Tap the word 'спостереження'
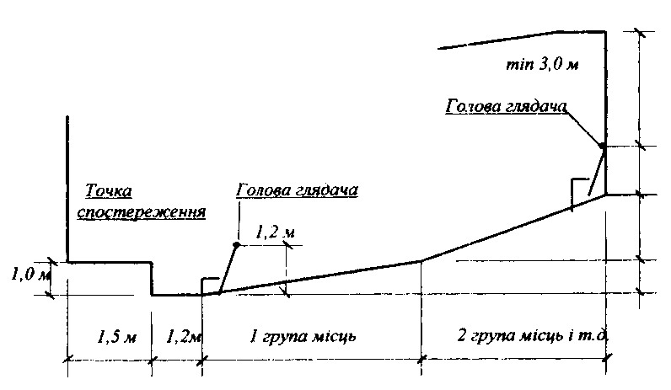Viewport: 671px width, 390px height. coord(142,211)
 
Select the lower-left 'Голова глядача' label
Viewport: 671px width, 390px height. coord(298,190)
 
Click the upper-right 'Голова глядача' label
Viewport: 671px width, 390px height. coord(505,107)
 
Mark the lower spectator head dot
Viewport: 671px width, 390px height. coord(237,244)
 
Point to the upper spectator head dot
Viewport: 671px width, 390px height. coord(602,147)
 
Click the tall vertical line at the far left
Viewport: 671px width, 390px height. coord(67,185)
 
